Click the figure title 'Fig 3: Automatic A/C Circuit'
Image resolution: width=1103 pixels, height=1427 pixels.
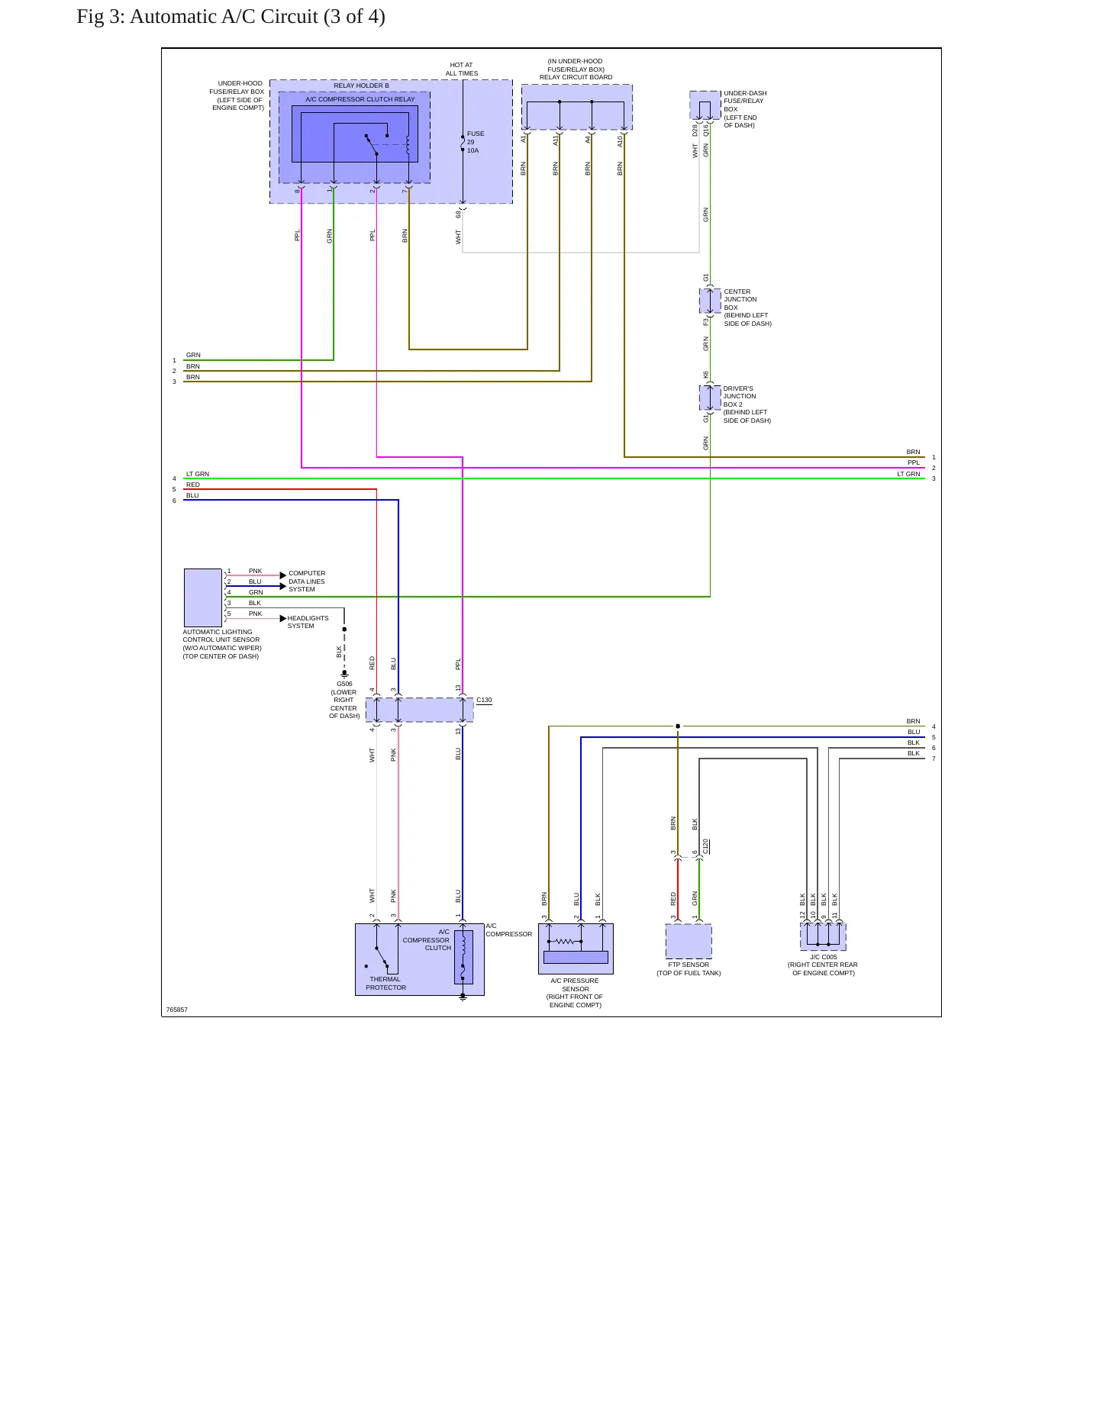click(198, 17)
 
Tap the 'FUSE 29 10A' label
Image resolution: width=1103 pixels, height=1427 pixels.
click(475, 142)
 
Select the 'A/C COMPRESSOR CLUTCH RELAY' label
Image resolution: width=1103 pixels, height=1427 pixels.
click(360, 99)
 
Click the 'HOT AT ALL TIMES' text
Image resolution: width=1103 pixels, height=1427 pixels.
click(462, 69)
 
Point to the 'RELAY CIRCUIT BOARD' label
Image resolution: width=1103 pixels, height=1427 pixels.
click(576, 77)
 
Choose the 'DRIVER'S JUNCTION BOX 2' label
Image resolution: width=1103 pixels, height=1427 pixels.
click(740, 396)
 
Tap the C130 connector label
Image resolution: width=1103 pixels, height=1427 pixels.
click(484, 700)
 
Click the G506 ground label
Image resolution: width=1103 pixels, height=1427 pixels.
click(344, 684)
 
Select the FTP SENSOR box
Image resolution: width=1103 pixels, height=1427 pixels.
click(689, 941)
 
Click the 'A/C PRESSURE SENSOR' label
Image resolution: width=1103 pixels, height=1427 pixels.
click(575, 984)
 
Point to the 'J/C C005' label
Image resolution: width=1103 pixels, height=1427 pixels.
click(824, 957)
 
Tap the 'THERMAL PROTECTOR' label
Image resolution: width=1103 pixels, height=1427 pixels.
click(385, 983)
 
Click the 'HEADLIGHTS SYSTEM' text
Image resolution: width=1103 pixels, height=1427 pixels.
click(308, 622)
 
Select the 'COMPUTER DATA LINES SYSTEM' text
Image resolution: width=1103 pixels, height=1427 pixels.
click(307, 581)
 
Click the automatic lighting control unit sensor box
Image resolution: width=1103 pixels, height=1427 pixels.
click(203, 598)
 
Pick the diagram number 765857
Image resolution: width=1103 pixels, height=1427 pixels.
click(177, 1010)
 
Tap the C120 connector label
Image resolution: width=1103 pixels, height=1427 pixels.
click(706, 846)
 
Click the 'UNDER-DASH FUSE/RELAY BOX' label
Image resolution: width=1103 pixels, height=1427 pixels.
click(745, 101)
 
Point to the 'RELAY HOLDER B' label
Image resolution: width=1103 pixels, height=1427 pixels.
click(361, 85)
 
